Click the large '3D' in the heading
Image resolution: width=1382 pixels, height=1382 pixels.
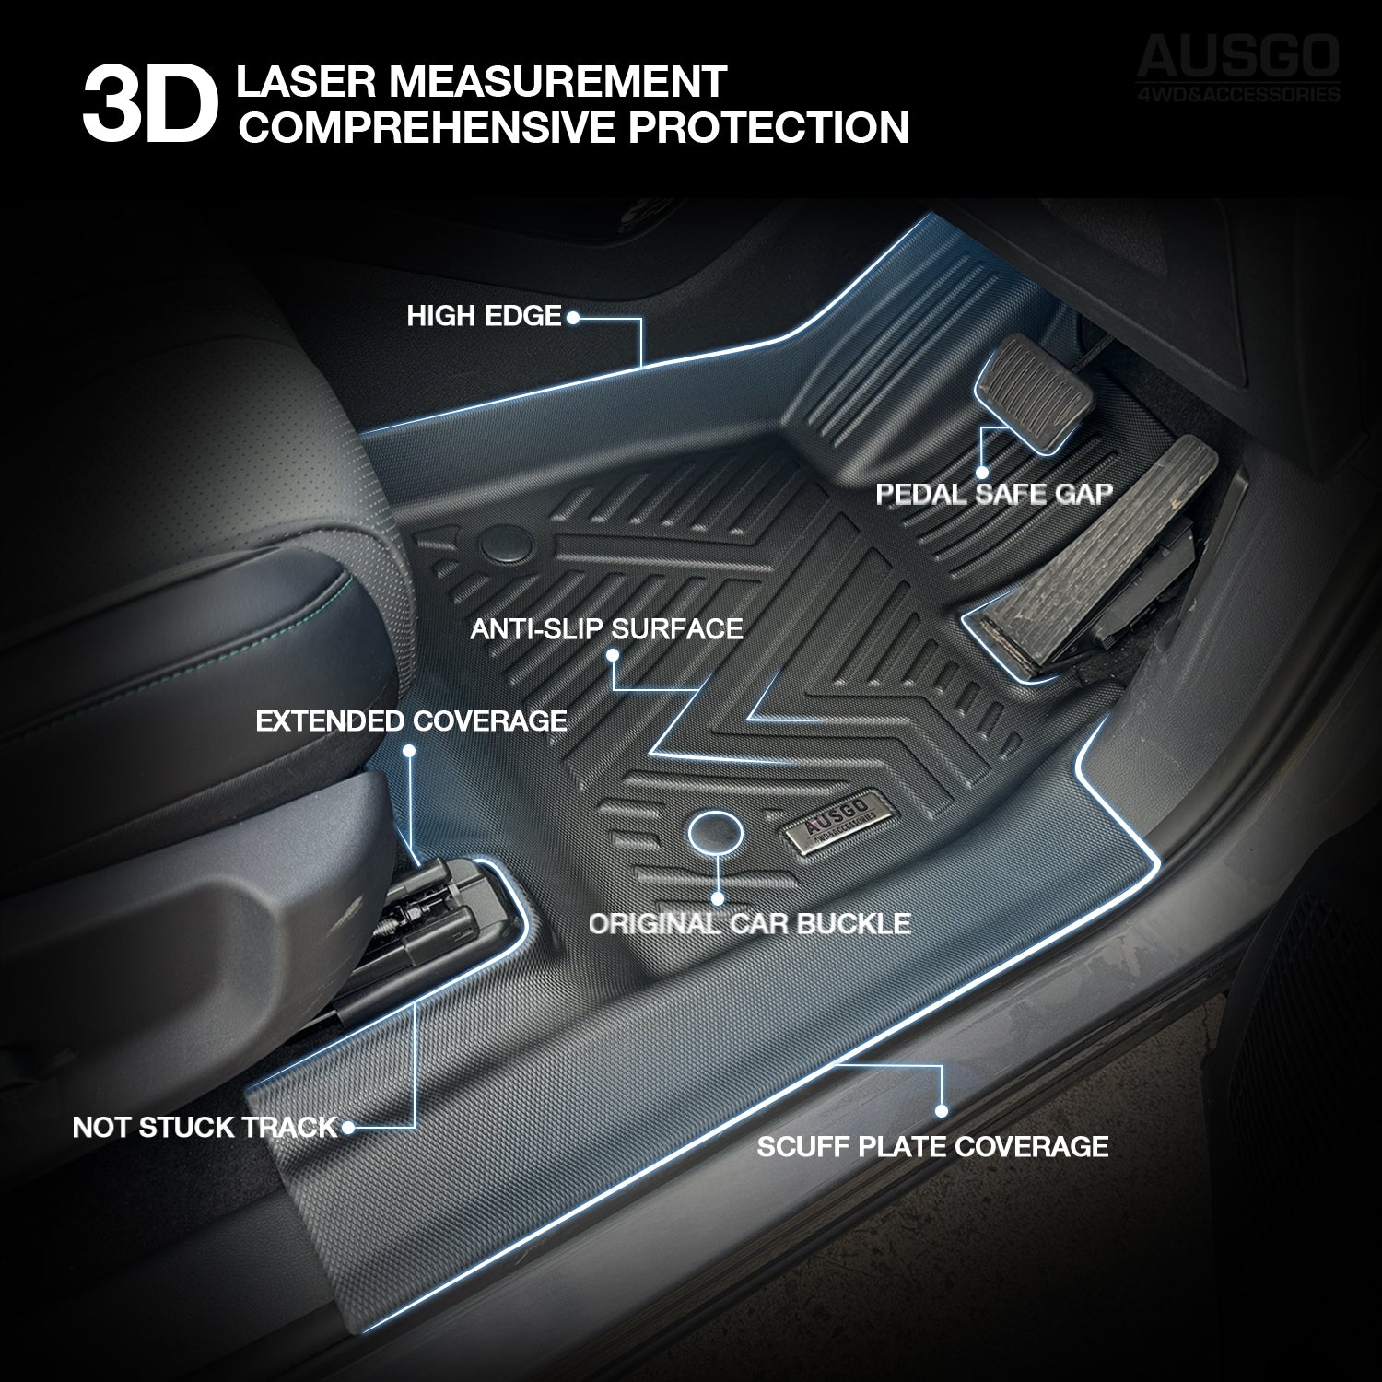point(149,110)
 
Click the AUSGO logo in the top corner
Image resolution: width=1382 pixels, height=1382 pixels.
point(1238,67)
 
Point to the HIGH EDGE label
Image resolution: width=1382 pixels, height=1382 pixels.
point(484,317)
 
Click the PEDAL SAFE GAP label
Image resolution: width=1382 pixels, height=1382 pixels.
point(993,494)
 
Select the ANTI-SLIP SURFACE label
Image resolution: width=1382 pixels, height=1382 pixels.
point(606,629)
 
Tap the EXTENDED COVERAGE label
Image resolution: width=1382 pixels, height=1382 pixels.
point(411,720)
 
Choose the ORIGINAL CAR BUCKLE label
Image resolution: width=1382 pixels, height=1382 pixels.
point(749,923)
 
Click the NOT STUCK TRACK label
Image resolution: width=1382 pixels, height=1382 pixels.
point(205,1127)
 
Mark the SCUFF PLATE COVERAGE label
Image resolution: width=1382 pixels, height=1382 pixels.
point(932,1146)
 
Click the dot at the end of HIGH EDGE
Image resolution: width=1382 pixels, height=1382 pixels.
point(571,318)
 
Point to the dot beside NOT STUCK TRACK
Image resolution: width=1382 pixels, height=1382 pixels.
point(347,1126)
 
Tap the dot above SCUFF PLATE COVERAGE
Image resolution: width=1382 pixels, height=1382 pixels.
point(942,1111)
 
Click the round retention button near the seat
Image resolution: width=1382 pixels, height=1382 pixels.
point(504,544)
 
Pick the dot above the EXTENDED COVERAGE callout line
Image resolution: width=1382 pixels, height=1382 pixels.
point(410,751)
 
